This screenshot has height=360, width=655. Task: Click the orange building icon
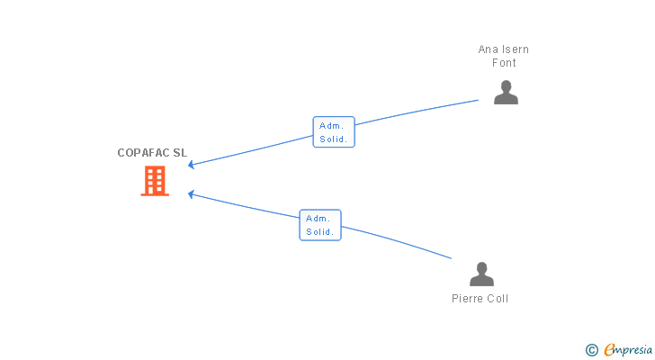click(x=155, y=181)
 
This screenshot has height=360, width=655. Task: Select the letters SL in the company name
click(x=181, y=153)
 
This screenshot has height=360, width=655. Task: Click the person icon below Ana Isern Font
click(x=506, y=93)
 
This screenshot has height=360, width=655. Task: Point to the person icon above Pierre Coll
click(x=481, y=274)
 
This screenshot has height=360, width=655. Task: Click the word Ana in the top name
click(x=488, y=49)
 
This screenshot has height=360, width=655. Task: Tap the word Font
click(x=504, y=63)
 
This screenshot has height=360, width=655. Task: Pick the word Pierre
click(x=468, y=299)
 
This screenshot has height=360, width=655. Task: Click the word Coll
click(x=498, y=299)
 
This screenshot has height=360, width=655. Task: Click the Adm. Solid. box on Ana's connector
click(x=334, y=132)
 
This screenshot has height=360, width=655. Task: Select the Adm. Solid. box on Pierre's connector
click(x=320, y=225)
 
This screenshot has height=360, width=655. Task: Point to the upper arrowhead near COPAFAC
click(x=191, y=165)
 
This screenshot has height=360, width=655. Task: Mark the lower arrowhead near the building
click(x=191, y=193)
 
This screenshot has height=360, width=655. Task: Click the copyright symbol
click(x=591, y=349)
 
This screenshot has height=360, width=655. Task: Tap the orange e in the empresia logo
click(x=609, y=349)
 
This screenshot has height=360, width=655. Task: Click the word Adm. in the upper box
click(x=332, y=126)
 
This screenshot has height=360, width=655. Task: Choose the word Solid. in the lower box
click(x=320, y=232)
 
